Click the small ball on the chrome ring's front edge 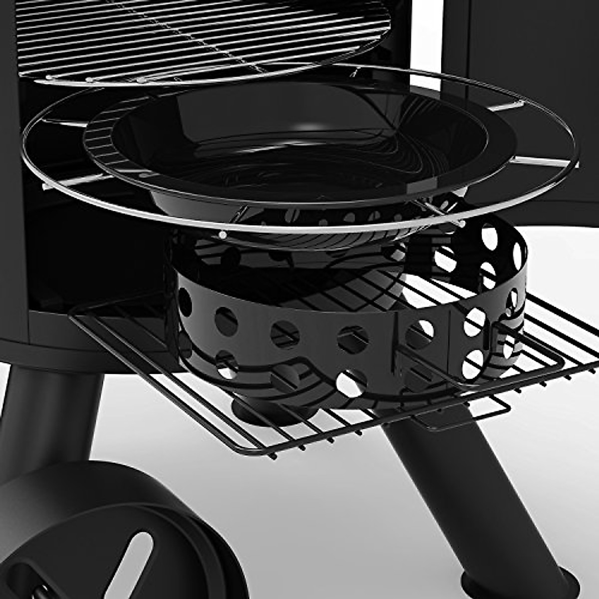[x=223, y=234]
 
